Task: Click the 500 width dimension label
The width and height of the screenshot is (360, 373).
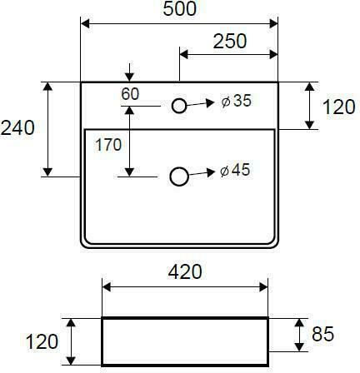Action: [x=180, y=8]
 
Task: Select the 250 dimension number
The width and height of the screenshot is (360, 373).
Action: [x=230, y=42]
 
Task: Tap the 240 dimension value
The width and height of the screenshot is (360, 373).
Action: [x=17, y=128]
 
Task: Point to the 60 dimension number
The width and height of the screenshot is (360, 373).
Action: [x=130, y=94]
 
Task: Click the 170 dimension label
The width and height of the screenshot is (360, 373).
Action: [x=108, y=145]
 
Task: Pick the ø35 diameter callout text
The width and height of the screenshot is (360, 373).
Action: [x=237, y=101]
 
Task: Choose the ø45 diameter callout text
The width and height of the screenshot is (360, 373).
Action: [x=235, y=170]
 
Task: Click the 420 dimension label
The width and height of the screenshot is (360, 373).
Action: [x=185, y=272]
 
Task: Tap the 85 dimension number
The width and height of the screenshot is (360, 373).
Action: [x=322, y=334]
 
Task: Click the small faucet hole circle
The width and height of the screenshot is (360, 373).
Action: [x=179, y=100]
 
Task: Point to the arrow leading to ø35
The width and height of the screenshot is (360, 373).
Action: [x=200, y=104]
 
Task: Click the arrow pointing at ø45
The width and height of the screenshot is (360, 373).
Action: [x=202, y=174]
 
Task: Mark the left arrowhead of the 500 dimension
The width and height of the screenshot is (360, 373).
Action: [x=85, y=24]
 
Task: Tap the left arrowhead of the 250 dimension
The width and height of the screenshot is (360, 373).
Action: [x=184, y=55]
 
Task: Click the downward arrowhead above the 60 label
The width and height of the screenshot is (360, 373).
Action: [x=129, y=77]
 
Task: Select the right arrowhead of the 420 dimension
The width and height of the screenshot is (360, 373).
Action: [x=263, y=287]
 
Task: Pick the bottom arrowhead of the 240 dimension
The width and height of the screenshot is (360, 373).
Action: [x=48, y=172]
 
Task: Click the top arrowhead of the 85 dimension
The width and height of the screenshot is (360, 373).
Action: [x=299, y=323]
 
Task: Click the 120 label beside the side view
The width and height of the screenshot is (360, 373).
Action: [x=42, y=341]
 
